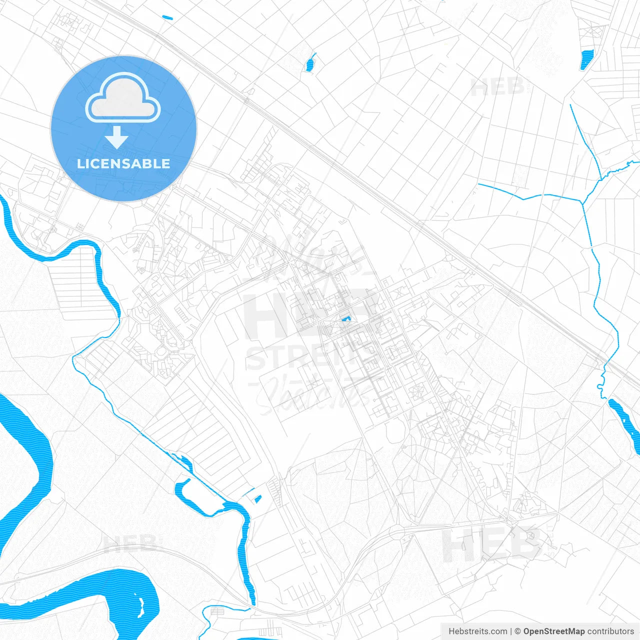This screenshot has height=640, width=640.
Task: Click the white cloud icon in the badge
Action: (123, 98)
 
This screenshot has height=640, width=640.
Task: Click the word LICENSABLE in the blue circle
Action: (123, 163)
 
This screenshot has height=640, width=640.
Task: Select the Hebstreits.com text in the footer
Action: (477, 631)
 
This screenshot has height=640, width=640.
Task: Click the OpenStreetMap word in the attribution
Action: (553, 631)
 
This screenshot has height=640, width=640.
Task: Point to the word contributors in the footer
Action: (610, 631)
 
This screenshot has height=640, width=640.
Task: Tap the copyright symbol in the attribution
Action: (517, 631)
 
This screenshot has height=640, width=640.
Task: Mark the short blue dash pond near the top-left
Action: (167, 18)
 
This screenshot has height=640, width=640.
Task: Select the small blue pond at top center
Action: (310, 63)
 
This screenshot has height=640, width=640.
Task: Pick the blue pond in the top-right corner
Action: (586, 59)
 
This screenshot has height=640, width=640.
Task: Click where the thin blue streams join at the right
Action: (582, 202)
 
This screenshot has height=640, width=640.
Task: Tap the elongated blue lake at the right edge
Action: (625, 420)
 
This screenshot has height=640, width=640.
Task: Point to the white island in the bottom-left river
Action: (141, 606)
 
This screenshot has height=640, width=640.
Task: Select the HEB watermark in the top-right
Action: (497, 87)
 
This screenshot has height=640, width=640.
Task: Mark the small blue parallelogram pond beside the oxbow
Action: (258, 498)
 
